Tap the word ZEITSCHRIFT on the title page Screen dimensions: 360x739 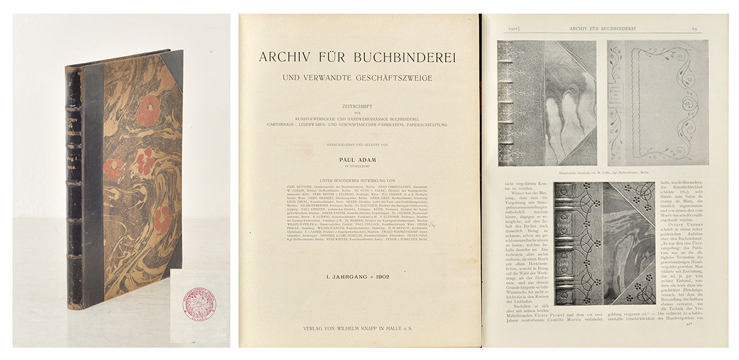358,106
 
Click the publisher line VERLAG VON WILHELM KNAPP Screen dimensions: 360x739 358,328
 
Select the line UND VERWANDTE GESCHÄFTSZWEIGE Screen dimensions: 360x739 358,78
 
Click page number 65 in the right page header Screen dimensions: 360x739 695,28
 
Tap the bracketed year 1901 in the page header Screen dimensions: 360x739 517,28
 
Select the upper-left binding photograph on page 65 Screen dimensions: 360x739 546,103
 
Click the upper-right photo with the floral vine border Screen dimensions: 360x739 657,103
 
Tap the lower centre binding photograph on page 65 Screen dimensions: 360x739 604,244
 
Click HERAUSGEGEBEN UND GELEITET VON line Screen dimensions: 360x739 358,143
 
